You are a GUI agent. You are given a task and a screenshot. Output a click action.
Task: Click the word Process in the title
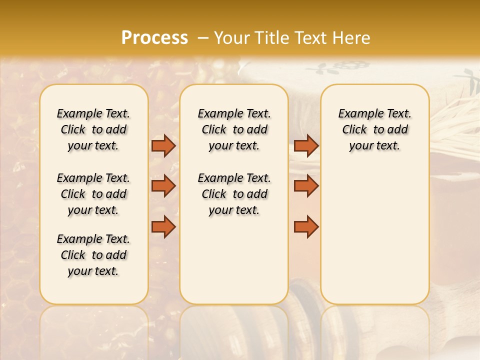tap(154, 38)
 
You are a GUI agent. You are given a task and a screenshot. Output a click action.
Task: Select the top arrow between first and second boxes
tap(163, 145)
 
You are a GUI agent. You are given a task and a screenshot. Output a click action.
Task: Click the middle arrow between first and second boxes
tap(163, 186)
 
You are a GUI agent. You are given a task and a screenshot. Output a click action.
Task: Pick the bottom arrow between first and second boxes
tap(163, 227)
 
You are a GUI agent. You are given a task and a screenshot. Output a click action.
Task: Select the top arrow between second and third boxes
tap(306, 145)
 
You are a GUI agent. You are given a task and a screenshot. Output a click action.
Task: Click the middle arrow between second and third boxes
tap(306, 186)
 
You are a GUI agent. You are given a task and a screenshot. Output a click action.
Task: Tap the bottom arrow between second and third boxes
tap(306, 227)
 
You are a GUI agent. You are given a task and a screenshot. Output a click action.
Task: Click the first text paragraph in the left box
tap(93, 129)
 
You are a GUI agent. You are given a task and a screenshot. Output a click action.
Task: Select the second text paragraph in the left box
tap(93, 194)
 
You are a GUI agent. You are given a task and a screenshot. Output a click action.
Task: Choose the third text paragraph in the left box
tap(93, 255)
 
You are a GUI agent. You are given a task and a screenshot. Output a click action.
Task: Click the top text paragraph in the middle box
tap(234, 129)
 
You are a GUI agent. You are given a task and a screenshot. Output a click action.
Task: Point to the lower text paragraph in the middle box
tap(234, 194)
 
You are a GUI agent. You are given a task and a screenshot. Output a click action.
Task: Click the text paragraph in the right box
tap(374, 129)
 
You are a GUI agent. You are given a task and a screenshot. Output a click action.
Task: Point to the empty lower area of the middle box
tap(234, 260)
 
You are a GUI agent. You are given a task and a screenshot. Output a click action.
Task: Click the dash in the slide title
tap(203, 38)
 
